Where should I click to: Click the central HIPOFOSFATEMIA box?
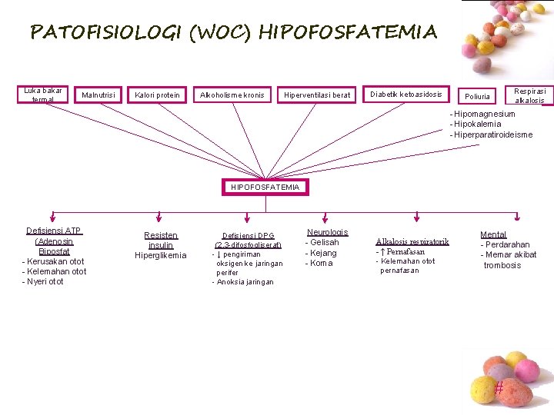pos(265,187)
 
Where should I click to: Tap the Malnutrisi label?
pos(99,95)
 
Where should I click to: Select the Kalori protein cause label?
pos(157,95)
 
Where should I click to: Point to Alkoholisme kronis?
pos(232,95)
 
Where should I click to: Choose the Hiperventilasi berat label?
pos(317,95)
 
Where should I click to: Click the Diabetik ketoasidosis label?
pos(406,95)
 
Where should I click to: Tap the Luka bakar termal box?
pos(43,95)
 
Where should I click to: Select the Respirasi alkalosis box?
pos(529,95)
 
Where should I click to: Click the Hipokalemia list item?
pos(477,124)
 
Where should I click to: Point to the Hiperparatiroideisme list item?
pos(492,134)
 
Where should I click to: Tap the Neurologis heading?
pos(327,232)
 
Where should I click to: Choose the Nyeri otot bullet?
pos(45,281)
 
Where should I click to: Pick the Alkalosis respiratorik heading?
pos(412,241)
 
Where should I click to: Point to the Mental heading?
pos(493,234)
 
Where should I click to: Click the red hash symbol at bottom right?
pos(499,389)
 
